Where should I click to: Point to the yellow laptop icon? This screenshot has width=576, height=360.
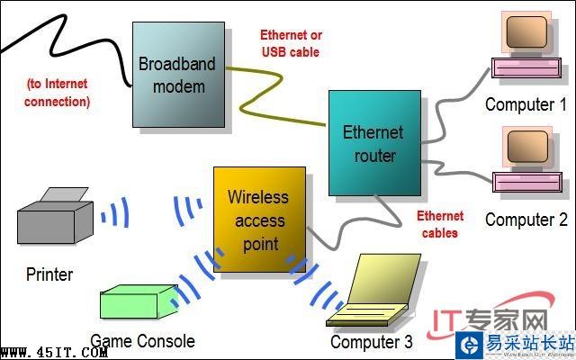[373, 293]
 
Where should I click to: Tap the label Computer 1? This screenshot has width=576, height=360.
[520, 104]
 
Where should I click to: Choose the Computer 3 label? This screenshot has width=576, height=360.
[372, 342]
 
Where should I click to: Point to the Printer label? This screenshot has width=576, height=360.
[49, 274]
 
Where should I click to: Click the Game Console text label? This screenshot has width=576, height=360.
[142, 341]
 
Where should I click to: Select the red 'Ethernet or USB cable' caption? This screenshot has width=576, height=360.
[291, 43]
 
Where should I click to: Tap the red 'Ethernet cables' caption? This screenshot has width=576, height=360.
[440, 224]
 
